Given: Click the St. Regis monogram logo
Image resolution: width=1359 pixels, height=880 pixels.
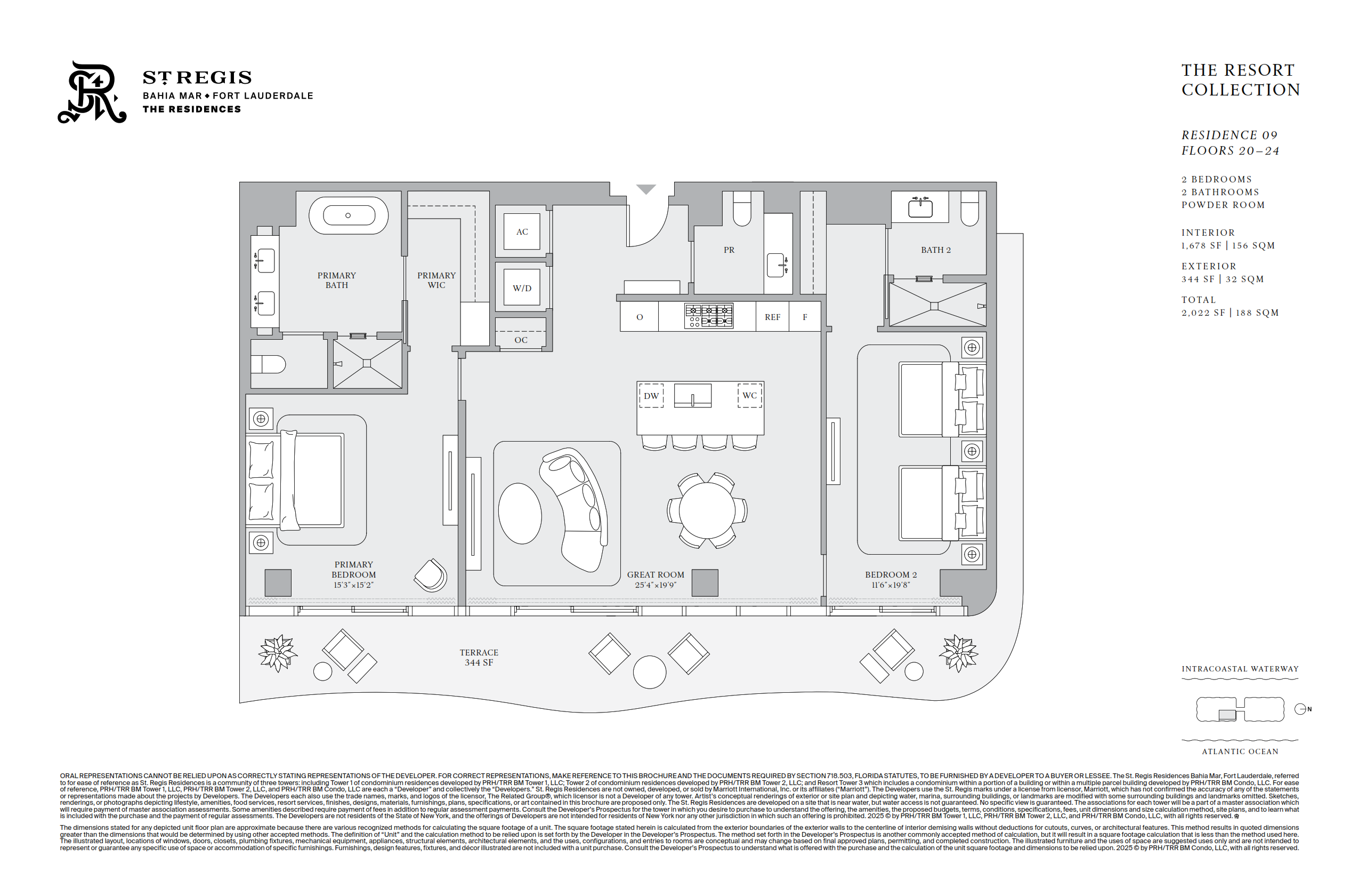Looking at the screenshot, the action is click(92, 93).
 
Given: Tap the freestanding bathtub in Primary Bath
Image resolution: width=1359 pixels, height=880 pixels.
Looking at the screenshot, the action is click(349, 215).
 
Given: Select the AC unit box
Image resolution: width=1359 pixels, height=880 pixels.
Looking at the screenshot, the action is click(522, 231).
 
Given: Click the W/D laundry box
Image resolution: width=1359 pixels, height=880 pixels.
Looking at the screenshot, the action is click(522, 287).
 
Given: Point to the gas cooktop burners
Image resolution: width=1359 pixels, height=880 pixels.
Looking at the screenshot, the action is click(709, 316).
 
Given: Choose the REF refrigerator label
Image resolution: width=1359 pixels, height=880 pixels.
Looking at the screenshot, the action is click(772, 317).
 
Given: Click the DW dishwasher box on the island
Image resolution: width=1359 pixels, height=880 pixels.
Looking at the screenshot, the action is click(651, 395).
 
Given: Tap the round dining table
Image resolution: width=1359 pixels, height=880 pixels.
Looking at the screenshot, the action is click(707, 510).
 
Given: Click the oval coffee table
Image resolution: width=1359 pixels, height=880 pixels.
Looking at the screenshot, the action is click(520, 513).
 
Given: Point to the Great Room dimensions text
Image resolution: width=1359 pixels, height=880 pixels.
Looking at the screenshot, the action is click(655, 585).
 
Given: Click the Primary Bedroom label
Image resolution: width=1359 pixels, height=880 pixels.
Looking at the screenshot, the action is click(353, 570).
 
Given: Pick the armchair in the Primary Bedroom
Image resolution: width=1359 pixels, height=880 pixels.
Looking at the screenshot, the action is click(431, 575).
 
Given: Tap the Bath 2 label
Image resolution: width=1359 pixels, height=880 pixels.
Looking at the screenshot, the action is click(935, 250).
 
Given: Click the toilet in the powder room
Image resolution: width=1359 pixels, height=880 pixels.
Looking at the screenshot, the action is click(742, 209).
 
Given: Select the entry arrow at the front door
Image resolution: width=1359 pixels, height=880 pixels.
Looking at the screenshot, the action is click(646, 189).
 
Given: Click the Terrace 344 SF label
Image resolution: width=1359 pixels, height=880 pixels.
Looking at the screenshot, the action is click(479, 657).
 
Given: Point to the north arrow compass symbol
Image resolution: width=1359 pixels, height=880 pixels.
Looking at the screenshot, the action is click(1301, 709).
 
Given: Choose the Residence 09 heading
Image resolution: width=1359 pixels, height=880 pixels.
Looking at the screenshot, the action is click(1229, 135).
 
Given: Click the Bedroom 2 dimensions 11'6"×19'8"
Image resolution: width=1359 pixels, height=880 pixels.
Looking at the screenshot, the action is click(890, 585).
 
